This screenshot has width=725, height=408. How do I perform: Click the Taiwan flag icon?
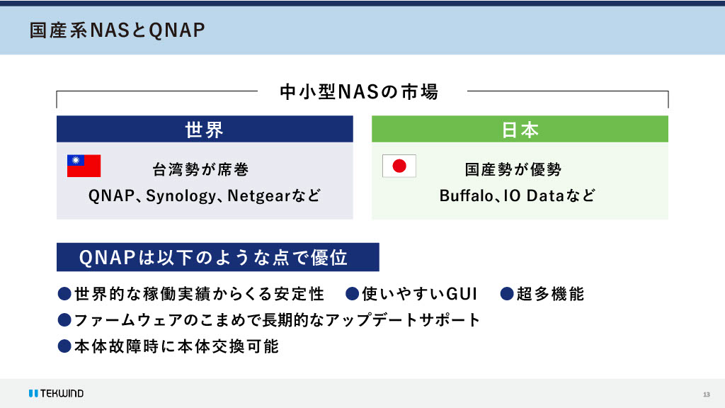click(84, 166)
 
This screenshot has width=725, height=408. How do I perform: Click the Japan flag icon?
click(399, 166)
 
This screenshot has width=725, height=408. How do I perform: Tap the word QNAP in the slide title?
click(177, 30)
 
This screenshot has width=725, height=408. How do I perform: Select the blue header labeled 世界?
click(205, 129)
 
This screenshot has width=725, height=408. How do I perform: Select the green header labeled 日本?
click(520, 129)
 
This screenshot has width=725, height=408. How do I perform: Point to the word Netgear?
click(259, 196)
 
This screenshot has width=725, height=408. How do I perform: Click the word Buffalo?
click(466, 195)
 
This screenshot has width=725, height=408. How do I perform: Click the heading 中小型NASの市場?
click(359, 91)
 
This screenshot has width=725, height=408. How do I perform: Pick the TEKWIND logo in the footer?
click(57, 393)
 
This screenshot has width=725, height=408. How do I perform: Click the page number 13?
click(706, 395)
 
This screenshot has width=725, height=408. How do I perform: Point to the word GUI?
click(461, 294)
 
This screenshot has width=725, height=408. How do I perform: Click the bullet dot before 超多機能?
click(507, 294)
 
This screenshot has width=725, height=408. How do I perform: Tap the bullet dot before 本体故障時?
click(64, 346)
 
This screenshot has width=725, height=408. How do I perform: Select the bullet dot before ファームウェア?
click(64, 319)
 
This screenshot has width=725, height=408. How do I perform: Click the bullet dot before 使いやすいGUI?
click(353, 294)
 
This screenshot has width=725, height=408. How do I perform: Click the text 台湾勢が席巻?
click(200, 169)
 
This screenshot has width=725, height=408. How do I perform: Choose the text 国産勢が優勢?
click(513, 169)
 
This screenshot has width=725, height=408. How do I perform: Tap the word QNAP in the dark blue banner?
click(108, 258)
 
